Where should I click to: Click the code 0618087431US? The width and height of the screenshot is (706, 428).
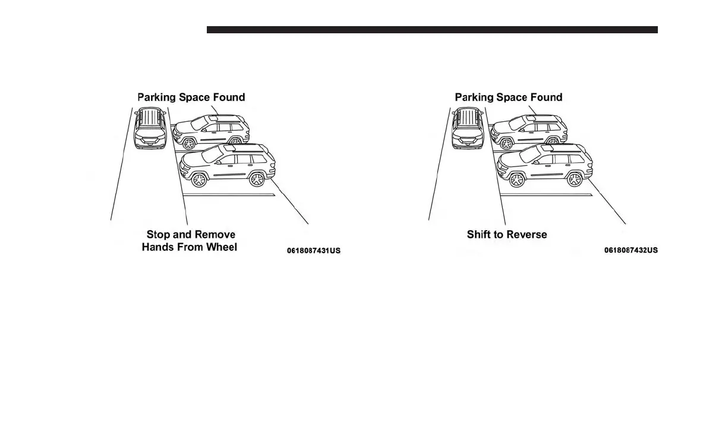[x=314, y=251]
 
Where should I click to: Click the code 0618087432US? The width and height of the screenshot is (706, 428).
[x=631, y=250]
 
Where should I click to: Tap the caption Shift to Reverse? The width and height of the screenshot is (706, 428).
[x=507, y=234]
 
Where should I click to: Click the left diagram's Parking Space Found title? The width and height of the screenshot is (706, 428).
[x=191, y=97]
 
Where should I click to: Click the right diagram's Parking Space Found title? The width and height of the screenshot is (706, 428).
[x=509, y=97]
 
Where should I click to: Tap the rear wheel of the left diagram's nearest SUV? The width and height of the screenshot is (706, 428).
[x=257, y=178]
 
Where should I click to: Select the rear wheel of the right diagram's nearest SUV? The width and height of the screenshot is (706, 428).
[x=575, y=178]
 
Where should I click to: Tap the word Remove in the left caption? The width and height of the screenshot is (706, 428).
[x=216, y=234]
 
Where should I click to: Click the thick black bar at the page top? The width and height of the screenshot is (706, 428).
[x=432, y=30]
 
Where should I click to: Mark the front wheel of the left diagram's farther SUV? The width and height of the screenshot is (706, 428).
[x=190, y=143]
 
